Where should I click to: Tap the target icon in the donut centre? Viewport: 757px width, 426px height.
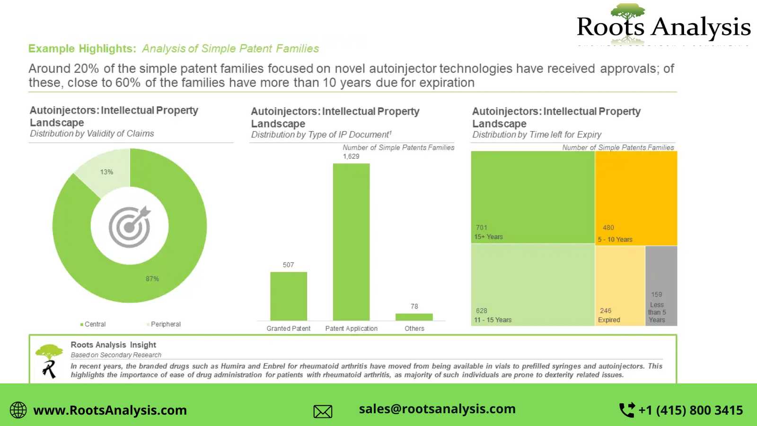tap(130, 227)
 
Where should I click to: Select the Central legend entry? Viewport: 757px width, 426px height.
tap(93, 324)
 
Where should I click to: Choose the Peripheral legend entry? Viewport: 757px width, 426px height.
tap(164, 324)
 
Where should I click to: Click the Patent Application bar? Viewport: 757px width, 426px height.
tap(351, 241)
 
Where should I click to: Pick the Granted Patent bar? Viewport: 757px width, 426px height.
tap(289, 296)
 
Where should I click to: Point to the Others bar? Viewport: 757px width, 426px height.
tap(414, 317)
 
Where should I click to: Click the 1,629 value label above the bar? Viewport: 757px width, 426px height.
tap(351, 156)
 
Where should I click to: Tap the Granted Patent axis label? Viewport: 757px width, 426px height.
tap(289, 328)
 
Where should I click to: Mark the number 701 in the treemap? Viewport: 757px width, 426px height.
tap(482, 228)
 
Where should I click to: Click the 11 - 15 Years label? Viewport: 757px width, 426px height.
tap(493, 320)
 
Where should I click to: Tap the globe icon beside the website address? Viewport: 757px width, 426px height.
tap(18, 410)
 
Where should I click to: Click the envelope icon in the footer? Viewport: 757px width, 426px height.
tap(323, 411)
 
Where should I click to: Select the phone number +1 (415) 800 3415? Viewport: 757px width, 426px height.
tap(690, 410)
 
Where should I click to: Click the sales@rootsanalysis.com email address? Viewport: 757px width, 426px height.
tap(437, 409)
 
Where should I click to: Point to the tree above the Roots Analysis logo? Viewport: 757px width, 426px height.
tap(628, 13)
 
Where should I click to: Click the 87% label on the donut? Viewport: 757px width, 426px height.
tap(152, 279)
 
